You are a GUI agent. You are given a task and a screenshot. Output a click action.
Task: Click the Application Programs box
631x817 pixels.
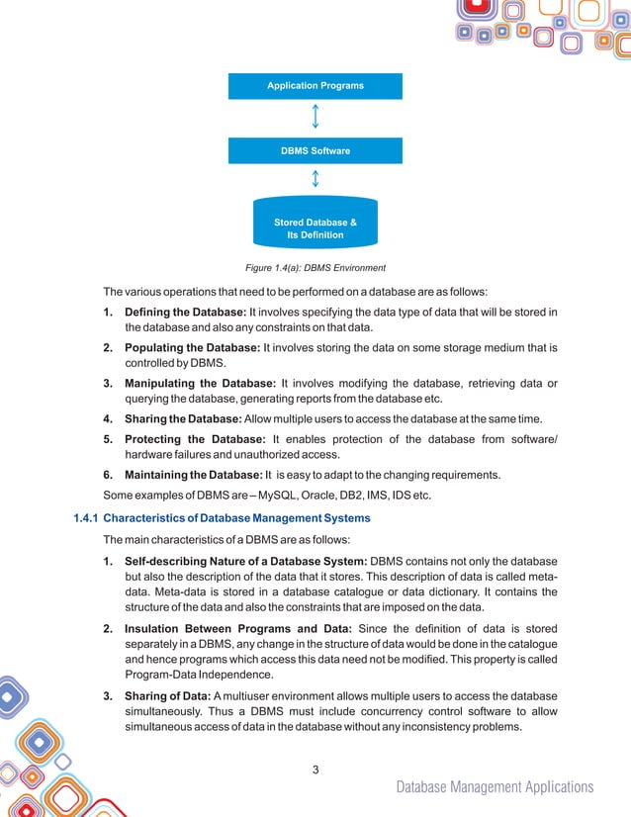click(x=315, y=86)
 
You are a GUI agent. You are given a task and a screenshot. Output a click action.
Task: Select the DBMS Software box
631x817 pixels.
click(x=315, y=151)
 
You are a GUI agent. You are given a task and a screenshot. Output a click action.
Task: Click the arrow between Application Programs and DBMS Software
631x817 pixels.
click(x=315, y=118)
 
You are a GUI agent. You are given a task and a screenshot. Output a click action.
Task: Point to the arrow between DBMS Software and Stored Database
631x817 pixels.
click(x=315, y=179)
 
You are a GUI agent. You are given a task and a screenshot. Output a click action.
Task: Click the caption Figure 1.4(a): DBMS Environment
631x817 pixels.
click(x=315, y=268)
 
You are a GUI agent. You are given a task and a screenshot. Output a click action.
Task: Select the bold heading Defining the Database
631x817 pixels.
click(x=191, y=314)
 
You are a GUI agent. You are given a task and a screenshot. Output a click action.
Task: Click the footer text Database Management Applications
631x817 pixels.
click(x=495, y=787)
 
